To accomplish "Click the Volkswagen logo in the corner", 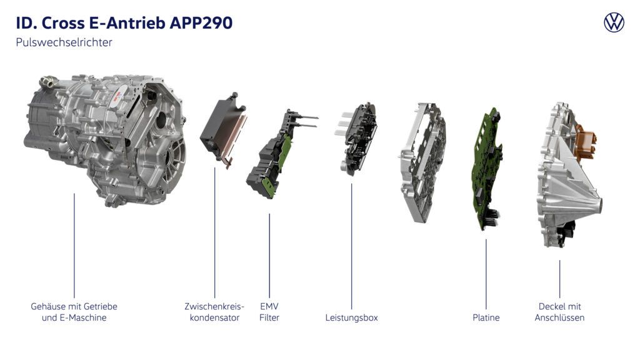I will [614, 22].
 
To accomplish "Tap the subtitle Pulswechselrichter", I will [64, 43].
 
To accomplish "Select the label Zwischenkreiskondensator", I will [214, 312].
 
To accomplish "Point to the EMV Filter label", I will [269, 312].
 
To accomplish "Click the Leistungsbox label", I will [351, 317].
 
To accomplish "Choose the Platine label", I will [486, 317].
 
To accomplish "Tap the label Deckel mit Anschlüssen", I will [559, 312].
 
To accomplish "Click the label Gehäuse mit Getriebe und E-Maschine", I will [74, 312].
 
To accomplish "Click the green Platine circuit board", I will [485, 169].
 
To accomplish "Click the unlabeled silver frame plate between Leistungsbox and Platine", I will [421, 162].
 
